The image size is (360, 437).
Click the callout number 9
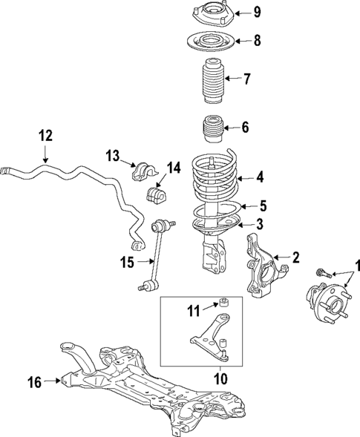tap(256, 11)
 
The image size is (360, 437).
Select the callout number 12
tap(45, 135)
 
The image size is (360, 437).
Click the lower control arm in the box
tap(212, 337)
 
